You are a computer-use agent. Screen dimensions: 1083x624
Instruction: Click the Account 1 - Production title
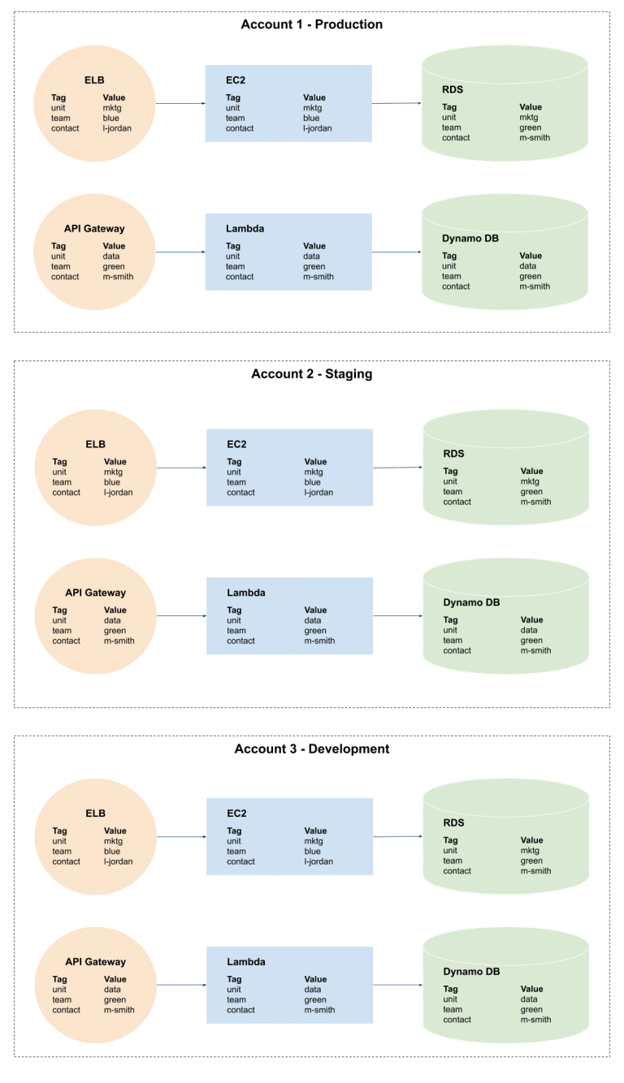click(311, 24)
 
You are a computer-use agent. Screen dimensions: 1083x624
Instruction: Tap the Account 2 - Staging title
click(311, 374)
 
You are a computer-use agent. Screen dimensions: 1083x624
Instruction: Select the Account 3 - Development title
click(311, 749)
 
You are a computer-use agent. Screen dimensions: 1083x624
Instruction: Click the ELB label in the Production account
click(94, 80)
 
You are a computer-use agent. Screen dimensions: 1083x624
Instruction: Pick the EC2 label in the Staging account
click(236, 445)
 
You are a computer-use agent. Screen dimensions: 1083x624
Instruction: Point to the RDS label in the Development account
click(453, 823)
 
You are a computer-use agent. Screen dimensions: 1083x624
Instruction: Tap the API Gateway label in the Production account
click(94, 229)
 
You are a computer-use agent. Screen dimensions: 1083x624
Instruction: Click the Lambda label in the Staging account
click(246, 593)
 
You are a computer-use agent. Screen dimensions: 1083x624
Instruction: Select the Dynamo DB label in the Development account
click(471, 972)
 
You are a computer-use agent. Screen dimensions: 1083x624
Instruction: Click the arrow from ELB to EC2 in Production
click(180, 104)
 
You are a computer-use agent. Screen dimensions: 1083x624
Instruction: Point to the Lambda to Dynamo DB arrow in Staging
click(398, 616)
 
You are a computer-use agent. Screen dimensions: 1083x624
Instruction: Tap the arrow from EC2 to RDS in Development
click(398, 837)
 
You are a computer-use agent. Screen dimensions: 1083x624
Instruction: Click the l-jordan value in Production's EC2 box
click(318, 128)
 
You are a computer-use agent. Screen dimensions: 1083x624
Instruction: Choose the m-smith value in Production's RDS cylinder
click(535, 138)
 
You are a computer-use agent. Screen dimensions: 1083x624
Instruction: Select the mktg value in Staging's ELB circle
click(113, 472)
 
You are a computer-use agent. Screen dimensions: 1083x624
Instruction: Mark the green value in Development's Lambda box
click(314, 1000)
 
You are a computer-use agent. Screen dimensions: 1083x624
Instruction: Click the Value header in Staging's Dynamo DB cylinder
click(532, 620)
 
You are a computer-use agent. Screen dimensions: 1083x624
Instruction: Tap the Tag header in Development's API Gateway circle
click(60, 979)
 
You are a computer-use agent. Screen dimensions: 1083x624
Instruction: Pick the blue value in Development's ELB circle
click(112, 852)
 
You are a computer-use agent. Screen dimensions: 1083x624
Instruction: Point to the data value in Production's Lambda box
click(312, 257)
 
